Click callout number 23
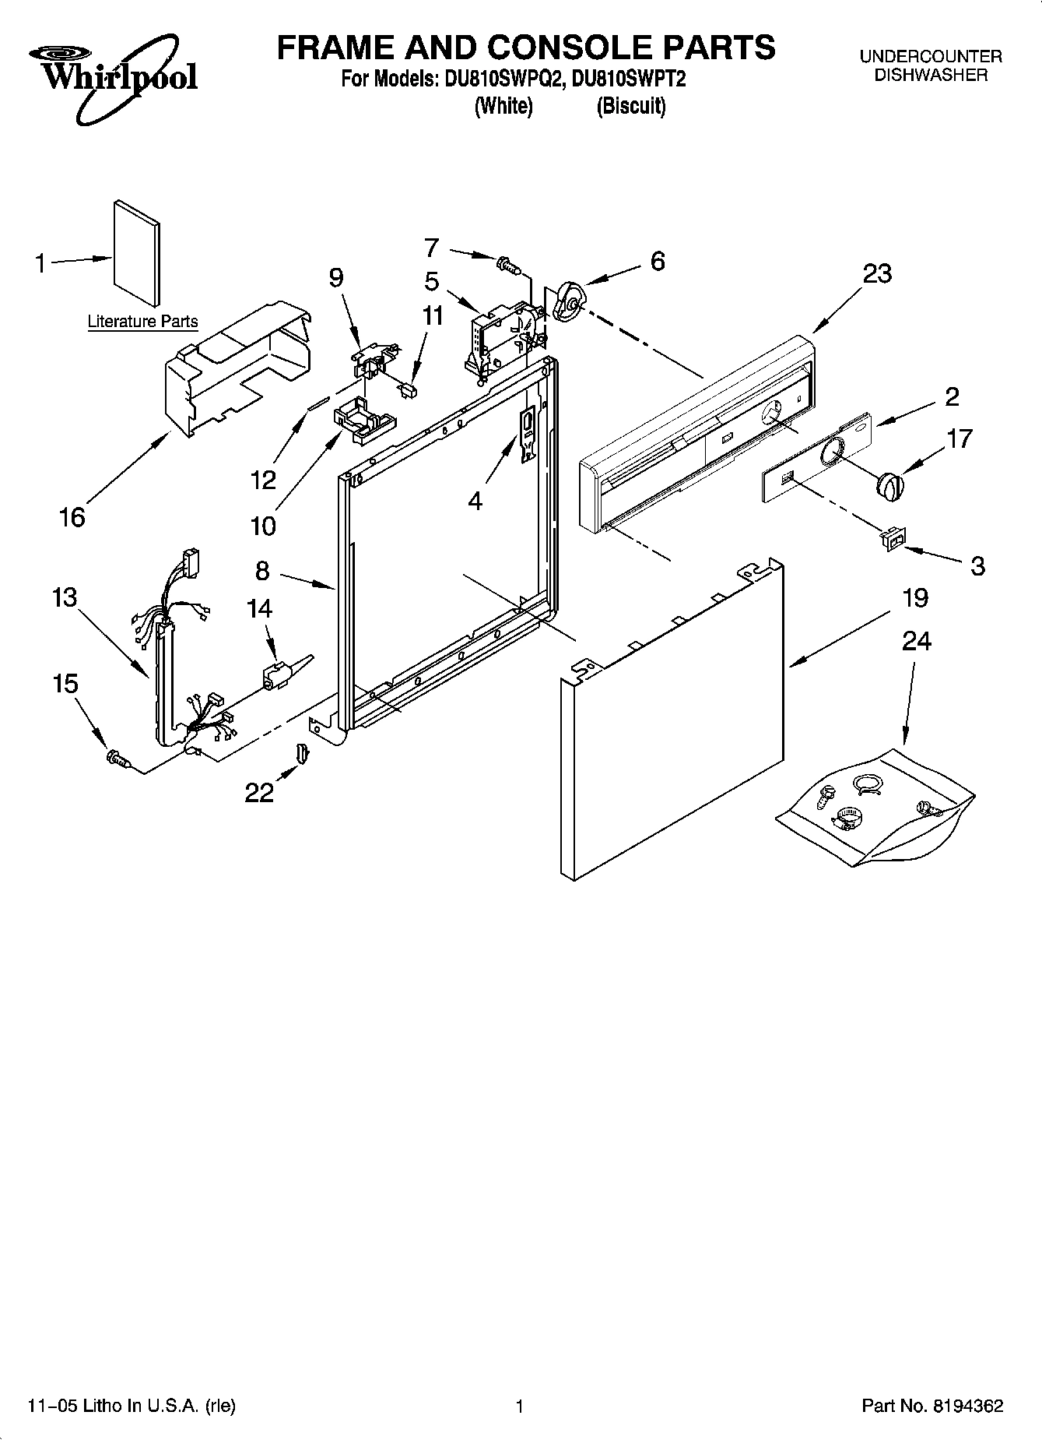(877, 274)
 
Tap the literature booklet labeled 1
(138, 253)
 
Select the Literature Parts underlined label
(142, 321)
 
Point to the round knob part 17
(890, 484)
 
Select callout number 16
(72, 516)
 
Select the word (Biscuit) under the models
(630, 107)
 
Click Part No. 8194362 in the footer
(931, 1407)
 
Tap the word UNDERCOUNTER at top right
(930, 57)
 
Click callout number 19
(915, 598)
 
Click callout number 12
(263, 480)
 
